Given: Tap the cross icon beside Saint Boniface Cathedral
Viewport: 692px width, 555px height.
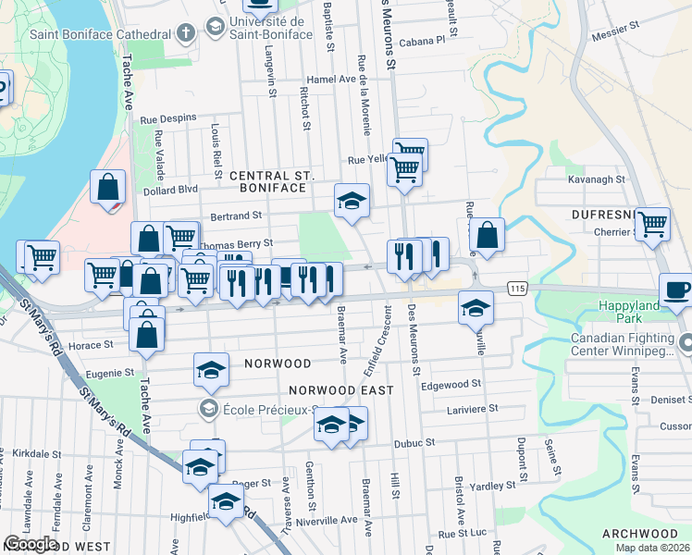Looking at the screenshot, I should click(185, 34).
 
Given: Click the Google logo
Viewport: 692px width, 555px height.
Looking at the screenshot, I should click(31, 544).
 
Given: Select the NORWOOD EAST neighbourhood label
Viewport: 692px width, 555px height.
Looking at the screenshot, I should click(341, 390).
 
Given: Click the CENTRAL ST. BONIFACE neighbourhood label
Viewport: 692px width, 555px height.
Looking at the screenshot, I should click(273, 181).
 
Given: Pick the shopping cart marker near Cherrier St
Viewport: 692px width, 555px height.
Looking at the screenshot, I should click(652, 224).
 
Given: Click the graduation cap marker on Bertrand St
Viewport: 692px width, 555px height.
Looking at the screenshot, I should click(352, 201).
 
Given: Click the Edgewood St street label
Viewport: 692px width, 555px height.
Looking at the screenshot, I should click(451, 384).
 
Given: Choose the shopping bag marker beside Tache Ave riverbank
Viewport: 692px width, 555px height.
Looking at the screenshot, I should click(108, 187).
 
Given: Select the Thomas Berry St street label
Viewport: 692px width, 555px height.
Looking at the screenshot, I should click(237, 243).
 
